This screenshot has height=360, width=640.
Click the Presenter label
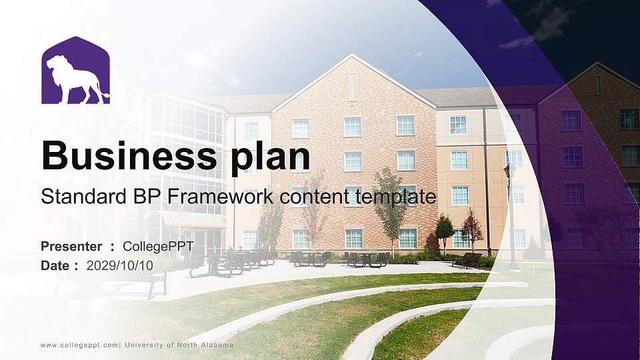pos(71,247)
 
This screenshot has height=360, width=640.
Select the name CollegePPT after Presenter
pos(158,247)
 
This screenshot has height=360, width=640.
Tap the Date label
pos(55,265)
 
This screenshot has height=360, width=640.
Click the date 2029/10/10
pos(120,265)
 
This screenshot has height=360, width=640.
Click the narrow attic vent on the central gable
pos(352,87)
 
